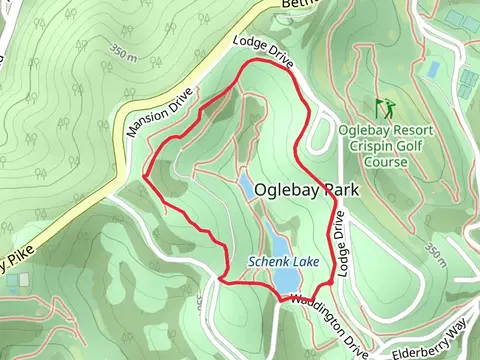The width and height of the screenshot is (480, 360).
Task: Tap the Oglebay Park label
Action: pos(306,189)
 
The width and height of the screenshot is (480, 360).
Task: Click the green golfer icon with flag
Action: pos(380,106)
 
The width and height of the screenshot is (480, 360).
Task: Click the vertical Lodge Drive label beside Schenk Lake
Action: pos(341,244)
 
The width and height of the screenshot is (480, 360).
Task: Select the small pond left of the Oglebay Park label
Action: pos(246,185)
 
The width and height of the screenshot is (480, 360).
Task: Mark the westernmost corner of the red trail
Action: pos(146,178)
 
